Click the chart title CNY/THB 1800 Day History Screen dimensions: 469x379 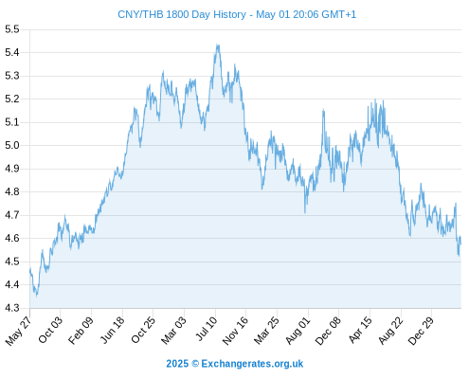click(182, 14)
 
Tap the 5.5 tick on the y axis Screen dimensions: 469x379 click(12, 29)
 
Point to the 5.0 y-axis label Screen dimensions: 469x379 click(12, 146)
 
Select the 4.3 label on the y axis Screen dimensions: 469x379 click(12, 308)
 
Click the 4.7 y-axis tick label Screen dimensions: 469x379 click(12, 215)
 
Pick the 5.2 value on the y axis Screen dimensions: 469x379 click(12, 99)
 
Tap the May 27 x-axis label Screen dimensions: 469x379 click(18, 331)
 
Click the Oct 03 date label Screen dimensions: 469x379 click(50, 330)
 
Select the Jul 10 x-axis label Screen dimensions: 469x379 click(207, 329)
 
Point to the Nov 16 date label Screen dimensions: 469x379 click(235, 331)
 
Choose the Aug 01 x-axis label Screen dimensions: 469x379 click(298, 330)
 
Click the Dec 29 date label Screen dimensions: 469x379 click(421, 331)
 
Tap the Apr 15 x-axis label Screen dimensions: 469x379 click(360, 330)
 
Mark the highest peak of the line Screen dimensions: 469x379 click(217, 45)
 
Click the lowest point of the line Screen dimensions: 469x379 click(37, 297)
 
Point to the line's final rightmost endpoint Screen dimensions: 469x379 click(460, 244)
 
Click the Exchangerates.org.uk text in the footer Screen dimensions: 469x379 click(252, 364)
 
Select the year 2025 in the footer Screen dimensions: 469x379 click(177, 364)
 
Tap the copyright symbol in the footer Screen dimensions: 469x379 click(195, 364)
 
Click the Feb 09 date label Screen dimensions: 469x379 click(81, 330)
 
